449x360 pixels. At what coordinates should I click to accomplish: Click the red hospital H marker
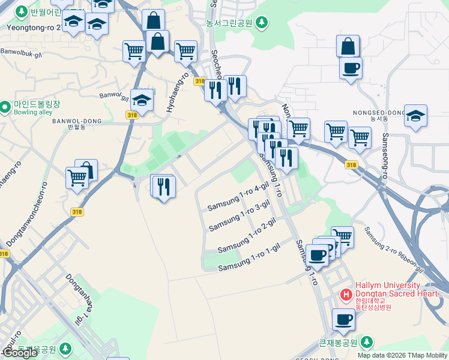pyautogui.click(x=346, y=295)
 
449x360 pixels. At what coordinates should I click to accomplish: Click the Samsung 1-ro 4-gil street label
pyautogui.click(x=237, y=197)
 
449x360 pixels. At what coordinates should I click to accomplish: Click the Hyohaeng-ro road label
pyautogui.click(x=177, y=92)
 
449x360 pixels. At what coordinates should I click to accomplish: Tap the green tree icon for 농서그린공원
pyautogui.click(x=261, y=23)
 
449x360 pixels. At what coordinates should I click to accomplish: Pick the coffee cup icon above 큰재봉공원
pyautogui.click(x=343, y=320)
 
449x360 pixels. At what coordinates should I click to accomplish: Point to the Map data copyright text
pyautogui.click(x=402, y=355)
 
